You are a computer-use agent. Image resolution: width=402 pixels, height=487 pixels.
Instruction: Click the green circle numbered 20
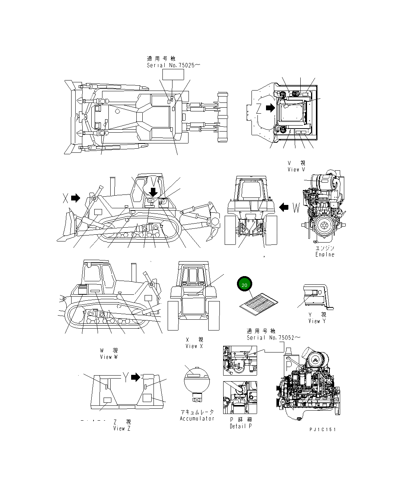(x=244, y=285)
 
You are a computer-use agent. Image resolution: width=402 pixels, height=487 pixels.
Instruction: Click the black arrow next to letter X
(x=76, y=198)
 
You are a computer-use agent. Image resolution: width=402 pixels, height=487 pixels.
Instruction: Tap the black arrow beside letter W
(x=284, y=207)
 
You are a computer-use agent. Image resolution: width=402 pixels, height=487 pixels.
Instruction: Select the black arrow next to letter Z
(x=269, y=108)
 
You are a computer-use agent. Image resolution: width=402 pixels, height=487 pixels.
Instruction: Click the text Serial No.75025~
(x=174, y=65)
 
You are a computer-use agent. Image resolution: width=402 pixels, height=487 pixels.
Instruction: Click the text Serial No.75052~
(x=273, y=338)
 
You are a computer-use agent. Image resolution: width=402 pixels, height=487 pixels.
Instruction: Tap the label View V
(x=296, y=170)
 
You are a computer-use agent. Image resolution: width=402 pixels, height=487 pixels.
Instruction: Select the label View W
(x=108, y=357)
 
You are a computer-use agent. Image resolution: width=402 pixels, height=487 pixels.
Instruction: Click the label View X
(x=194, y=346)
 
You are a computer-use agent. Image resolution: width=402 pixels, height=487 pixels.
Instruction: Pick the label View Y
(x=317, y=321)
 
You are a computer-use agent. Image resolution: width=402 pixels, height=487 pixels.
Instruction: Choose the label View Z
(x=122, y=429)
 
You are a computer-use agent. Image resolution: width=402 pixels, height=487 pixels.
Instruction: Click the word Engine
(x=325, y=254)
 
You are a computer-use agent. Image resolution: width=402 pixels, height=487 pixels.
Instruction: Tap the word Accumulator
(x=197, y=418)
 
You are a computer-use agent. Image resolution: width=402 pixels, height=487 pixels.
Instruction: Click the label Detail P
(x=241, y=426)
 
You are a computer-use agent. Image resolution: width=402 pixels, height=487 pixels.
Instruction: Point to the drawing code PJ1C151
(x=323, y=429)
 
